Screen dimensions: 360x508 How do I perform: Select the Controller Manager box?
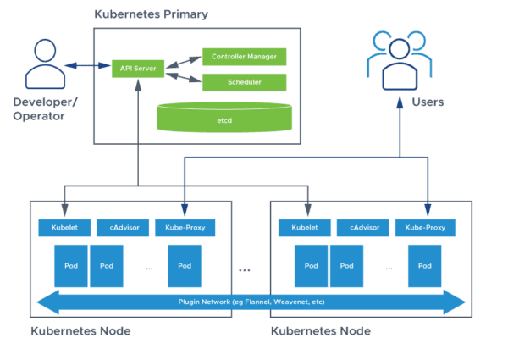click(244, 57)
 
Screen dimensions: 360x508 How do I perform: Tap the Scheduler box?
click(244, 82)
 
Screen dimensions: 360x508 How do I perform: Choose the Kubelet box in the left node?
click(63, 227)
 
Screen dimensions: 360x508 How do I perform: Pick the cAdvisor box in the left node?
click(121, 227)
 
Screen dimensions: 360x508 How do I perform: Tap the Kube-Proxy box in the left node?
click(185, 227)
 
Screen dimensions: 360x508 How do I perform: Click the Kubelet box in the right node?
click(304, 227)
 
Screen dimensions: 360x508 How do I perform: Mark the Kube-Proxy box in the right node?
click(425, 227)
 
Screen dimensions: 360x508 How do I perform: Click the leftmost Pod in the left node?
click(70, 265)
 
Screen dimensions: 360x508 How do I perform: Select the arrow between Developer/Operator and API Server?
click(87, 66)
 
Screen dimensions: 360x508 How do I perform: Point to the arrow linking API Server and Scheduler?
click(179, 76)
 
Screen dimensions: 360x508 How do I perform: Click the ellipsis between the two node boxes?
click(245, 269)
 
